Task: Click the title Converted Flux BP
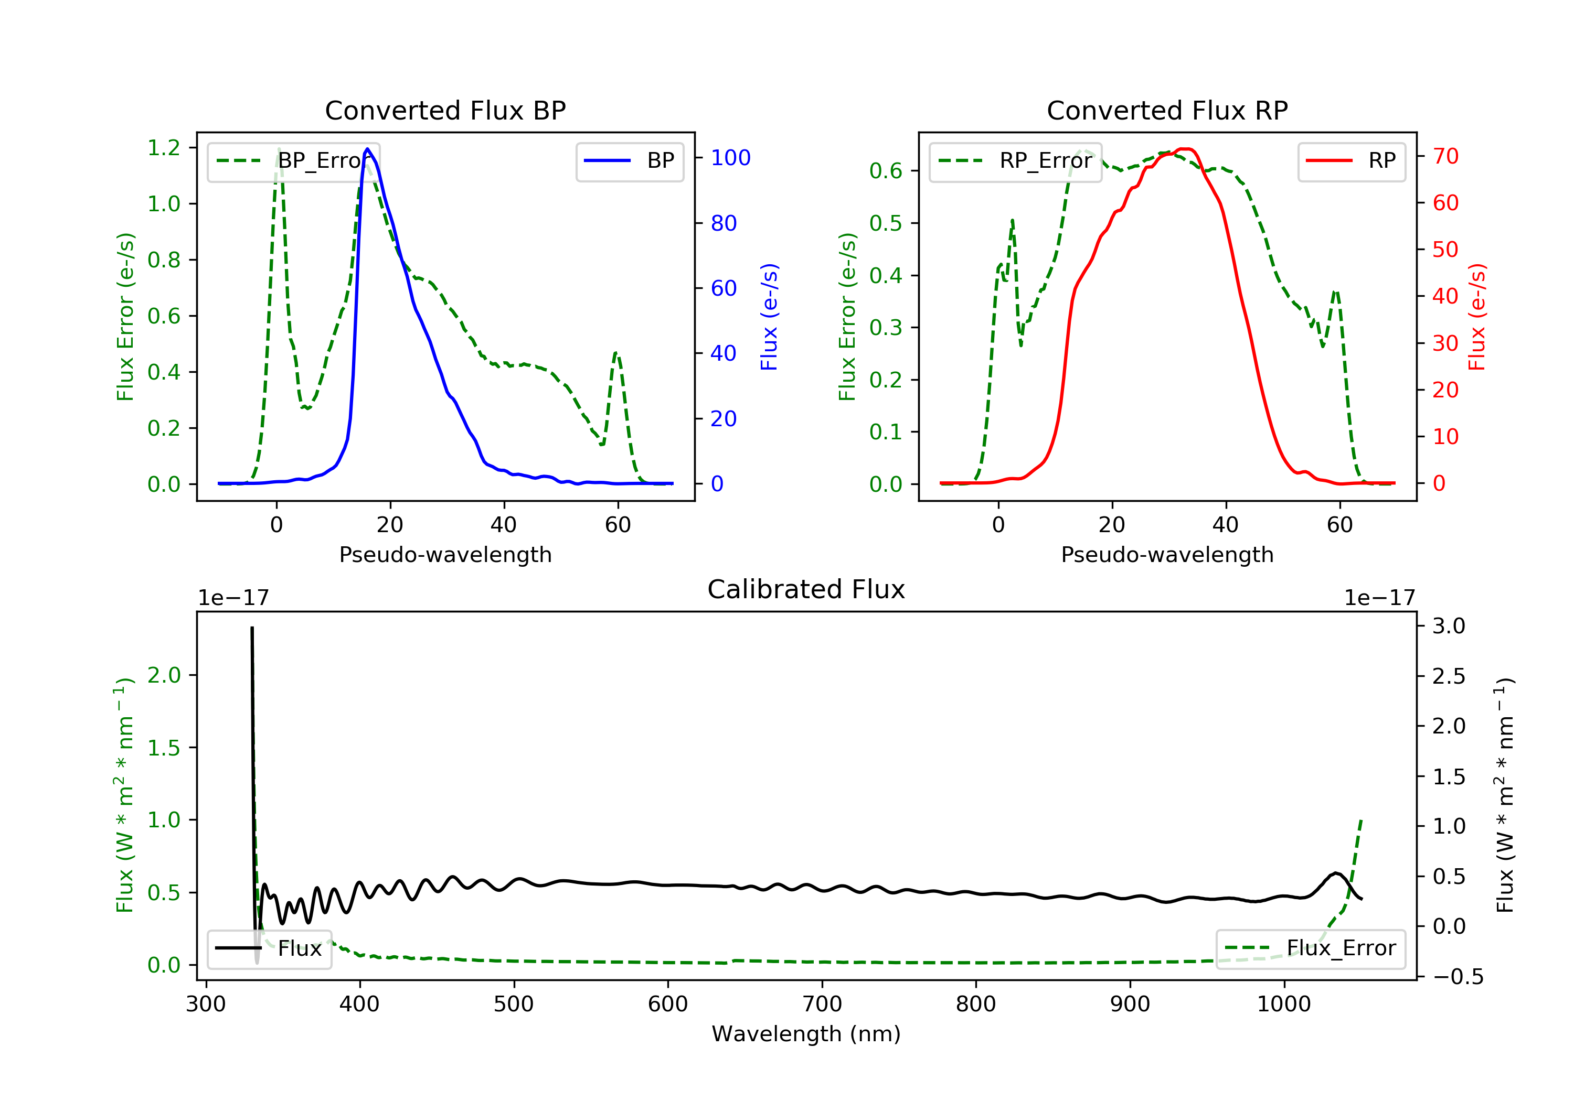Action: click(445, 110)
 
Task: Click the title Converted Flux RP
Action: click(1167, 110)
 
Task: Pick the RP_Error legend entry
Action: click(1015, 161)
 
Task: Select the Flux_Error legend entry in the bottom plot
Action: click(1311, 948)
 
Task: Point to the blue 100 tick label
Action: click(730, 158)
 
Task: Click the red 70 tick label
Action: click(1446, 156)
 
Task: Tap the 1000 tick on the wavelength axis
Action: click(1283, 1005)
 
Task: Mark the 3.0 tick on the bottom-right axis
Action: click(1449, 625)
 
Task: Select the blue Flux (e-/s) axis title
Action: click(769, 317)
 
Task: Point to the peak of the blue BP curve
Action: click(367, 149)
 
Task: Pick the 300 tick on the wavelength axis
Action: click(206, 1005)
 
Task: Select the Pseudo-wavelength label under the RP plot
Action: click(1167, 554)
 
